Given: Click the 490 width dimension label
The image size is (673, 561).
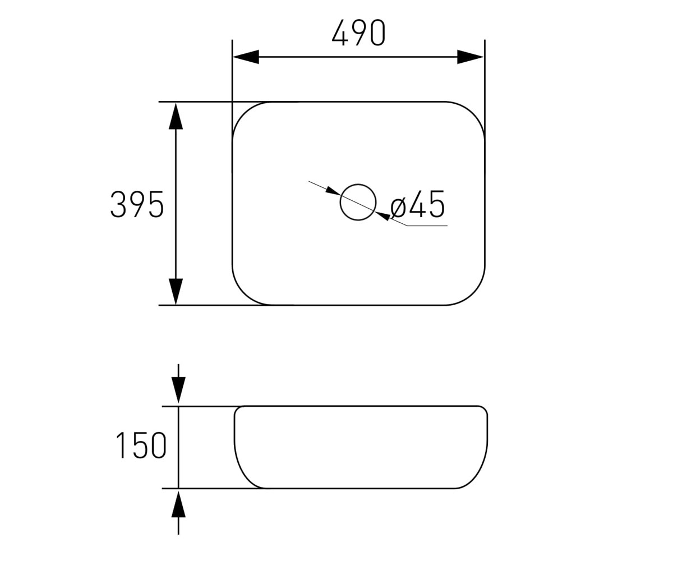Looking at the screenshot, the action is pyautogui.click(x=358, y=33).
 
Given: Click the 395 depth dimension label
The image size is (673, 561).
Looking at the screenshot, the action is pyautogui.click(x=137, y=204).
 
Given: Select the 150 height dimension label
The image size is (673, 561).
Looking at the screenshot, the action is pyautogui.click(x=141, y=445).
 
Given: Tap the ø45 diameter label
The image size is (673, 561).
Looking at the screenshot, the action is pyautogui.click(x=417, y=204).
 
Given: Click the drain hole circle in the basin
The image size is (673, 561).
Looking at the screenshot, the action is pyautogui.click(x=358, y=184).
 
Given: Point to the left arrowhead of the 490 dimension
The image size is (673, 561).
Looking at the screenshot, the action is pyautogui.click(x=246, y=57).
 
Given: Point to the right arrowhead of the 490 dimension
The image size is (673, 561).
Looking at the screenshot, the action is pyautogui.click(x=471, y=57).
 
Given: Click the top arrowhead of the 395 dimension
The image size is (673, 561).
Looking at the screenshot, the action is pyautogui.click(x=176, y=116).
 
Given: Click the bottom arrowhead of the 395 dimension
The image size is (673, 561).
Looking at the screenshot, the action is pyautogui.click(x=176, y=292).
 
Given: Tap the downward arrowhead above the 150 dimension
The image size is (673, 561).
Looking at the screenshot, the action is pyautogui.click(x=178, y=390).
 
